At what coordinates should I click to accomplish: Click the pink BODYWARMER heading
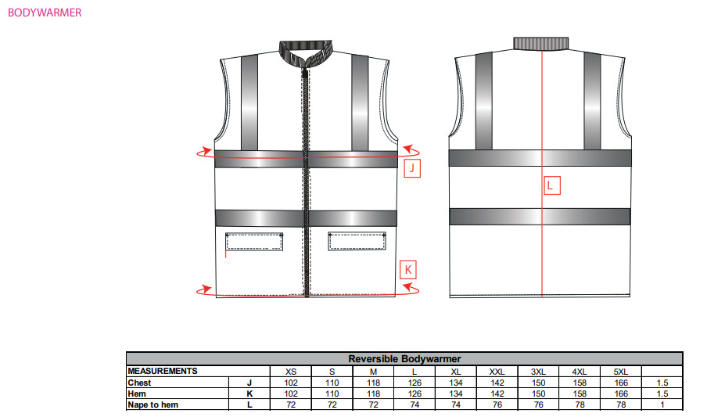(45, 13)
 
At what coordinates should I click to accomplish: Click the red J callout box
(411, 168)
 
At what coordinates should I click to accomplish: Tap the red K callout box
(408, 269)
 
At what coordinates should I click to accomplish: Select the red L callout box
(552, 185)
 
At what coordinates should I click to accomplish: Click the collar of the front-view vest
(306, 53)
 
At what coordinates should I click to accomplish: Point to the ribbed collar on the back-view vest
(540, 43)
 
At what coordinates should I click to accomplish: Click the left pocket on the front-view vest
(254, 242)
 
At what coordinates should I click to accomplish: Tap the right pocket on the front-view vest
(357, 240)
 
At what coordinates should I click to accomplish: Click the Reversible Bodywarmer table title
(404, 359)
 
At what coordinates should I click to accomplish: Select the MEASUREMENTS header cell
(163, 371)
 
